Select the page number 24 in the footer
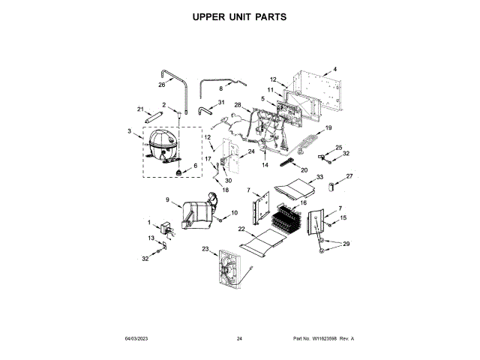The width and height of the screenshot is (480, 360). (239, 339)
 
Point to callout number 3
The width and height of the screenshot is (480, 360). (130, 133)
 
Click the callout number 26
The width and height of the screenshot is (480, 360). (161, 85)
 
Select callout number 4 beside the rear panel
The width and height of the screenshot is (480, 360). (335, 70)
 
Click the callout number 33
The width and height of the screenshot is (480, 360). (319, 177)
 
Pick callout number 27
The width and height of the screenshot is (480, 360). (349, 176)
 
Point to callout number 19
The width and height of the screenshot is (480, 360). (328, 128)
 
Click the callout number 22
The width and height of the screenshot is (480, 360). (241, 229)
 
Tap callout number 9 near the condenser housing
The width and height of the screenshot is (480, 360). (168, 200)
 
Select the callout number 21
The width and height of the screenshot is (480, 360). (140, 109)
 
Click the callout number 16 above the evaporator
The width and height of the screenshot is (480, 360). (304, 203)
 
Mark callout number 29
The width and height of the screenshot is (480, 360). (346, 244)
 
